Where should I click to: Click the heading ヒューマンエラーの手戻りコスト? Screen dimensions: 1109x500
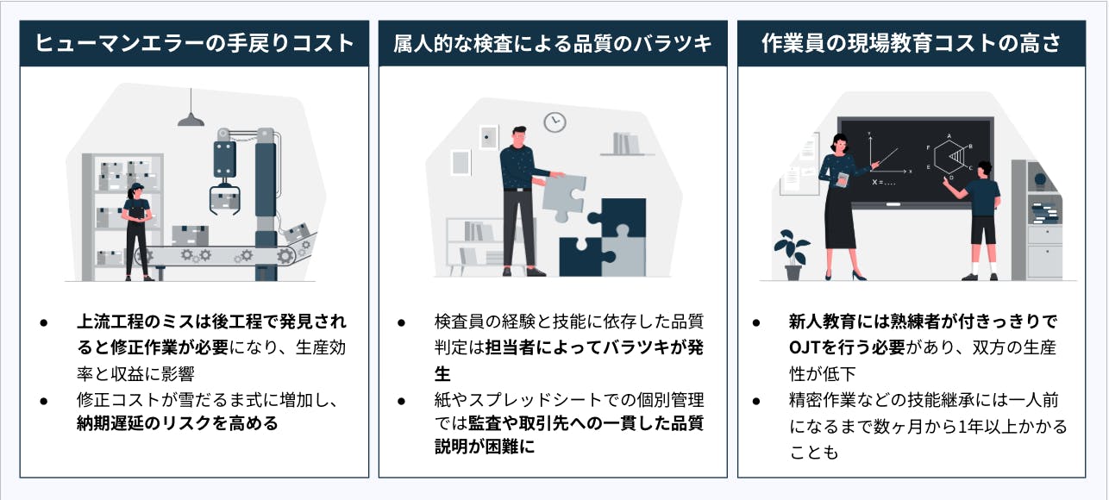[x=195, y=43]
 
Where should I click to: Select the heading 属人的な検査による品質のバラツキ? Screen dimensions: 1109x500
[x=553, y=44]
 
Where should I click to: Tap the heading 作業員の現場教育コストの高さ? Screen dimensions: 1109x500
[x=911, y=43]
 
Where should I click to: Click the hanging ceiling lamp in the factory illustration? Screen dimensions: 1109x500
[x=191, y=119]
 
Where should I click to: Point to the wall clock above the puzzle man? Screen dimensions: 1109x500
[x=554, y=122]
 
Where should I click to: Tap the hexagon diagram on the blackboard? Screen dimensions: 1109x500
[x=949, y=156]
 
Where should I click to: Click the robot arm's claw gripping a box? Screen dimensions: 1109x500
[x=225, y=198]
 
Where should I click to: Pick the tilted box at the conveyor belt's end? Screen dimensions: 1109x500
[x=296, y=232]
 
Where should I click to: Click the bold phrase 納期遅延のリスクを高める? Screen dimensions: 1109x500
[x=178, y=424]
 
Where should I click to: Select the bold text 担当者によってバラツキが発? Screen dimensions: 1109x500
[x=594, y=347]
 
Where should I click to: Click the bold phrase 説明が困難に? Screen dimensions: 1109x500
[x=485, y=447]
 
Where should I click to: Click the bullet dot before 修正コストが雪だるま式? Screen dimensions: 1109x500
[x=44, y=401]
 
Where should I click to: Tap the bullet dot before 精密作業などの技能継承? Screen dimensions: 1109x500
[x=756, y=401]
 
